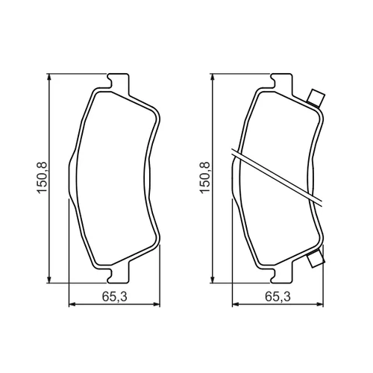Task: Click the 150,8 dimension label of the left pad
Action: click(42, 177)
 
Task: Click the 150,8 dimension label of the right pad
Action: click(204, 177)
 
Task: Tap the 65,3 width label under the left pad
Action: click(115, 297)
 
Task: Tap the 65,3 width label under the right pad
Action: click(278, 297)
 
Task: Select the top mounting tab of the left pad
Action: click(119, 81)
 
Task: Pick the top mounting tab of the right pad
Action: click(283, 81)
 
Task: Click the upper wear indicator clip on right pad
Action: click(316, 98)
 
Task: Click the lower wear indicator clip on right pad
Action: click(316, 259)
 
